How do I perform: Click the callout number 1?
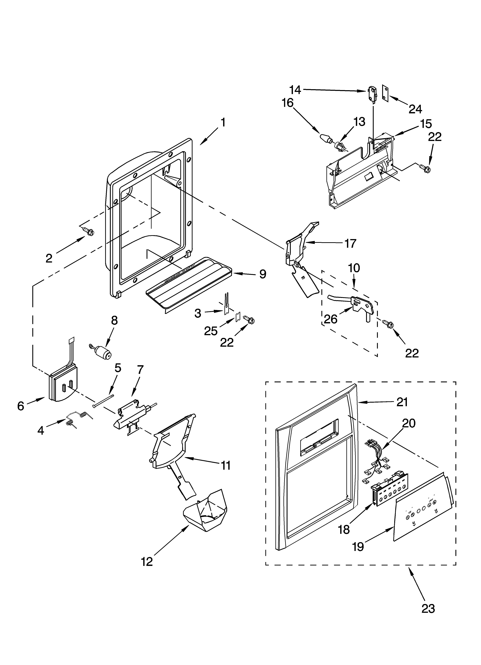pyautogui.click(x=223, y=123)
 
